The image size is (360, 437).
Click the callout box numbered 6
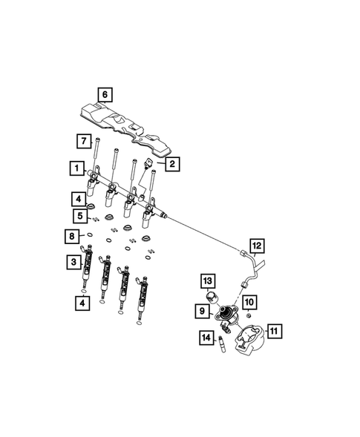click(x=105, y=94)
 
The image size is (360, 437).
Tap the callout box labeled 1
click(x=76, y=169)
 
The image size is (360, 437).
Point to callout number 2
click(x=171, y=165)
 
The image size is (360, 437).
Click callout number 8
click(x=70, y=237)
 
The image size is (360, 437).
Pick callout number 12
click(x=256, y=246)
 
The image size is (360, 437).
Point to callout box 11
click(x=275, y=332)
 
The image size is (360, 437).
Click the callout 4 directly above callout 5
click(x=78, y=198)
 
